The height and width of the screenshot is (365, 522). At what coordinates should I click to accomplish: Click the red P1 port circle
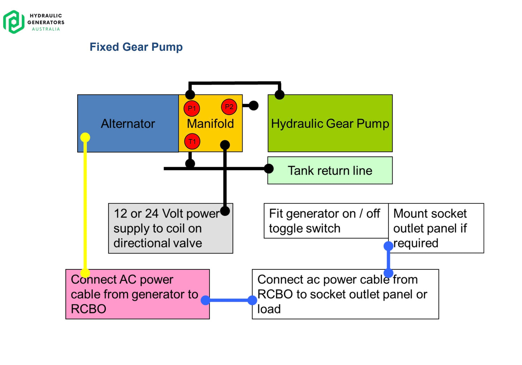192,108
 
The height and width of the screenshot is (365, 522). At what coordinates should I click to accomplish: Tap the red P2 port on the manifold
229,107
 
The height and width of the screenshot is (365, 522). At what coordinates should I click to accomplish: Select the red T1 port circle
192,141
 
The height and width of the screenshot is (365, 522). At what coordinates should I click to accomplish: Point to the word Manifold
210,123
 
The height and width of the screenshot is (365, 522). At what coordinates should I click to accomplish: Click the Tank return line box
330,170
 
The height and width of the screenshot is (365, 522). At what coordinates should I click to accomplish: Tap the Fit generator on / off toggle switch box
326,221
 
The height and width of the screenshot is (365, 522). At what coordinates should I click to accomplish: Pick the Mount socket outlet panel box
436,228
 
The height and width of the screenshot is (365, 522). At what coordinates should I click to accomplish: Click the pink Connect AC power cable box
137,294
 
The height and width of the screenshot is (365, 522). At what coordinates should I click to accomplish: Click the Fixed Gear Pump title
136,47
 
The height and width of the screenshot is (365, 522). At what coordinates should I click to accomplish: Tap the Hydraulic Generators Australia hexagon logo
14,22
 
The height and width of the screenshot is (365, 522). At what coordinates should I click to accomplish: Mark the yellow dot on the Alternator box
85,137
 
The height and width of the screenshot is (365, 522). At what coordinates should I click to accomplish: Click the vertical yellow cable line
85,205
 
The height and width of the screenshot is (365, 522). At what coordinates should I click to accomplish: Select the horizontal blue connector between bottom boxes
229,300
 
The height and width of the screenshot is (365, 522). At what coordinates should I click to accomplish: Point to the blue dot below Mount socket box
388,246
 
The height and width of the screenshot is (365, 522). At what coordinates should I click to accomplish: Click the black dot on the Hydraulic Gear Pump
279,95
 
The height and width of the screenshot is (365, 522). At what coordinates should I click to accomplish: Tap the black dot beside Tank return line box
269,169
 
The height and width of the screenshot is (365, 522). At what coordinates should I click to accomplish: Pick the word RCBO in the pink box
88,309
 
